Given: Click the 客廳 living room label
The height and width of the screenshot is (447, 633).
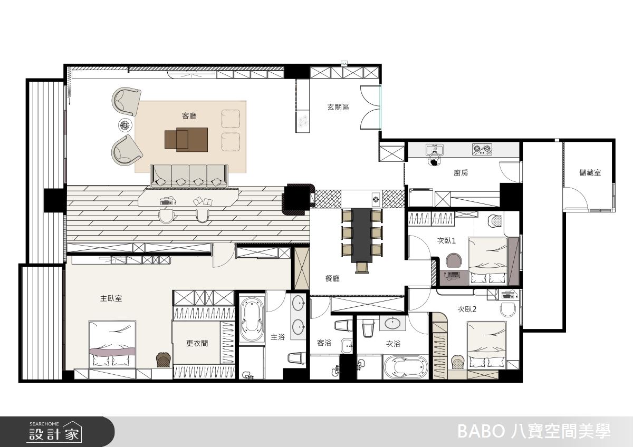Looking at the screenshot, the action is [189, 116].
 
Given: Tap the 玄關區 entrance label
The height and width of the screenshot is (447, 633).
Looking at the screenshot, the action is [338, 107].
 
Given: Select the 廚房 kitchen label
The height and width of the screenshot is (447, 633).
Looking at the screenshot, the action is [461, 173].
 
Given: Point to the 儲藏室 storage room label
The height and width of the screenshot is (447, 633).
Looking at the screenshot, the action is [590, 172].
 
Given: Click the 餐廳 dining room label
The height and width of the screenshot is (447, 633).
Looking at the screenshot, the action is [332, 279].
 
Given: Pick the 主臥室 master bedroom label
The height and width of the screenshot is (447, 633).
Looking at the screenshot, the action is [111, 298].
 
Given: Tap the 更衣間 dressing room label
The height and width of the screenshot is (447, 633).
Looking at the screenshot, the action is [197, 343].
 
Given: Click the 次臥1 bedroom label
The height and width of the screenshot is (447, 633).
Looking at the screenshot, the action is [446, 240].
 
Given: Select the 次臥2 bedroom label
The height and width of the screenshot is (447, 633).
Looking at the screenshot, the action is [467, 309].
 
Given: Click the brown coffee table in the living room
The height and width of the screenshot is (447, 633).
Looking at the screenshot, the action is [186, 140].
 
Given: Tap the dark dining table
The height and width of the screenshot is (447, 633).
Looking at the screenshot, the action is [362, 236].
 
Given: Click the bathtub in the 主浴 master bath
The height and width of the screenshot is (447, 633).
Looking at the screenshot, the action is [252, 319].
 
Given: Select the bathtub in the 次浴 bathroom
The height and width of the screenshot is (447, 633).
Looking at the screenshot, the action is [406, 367].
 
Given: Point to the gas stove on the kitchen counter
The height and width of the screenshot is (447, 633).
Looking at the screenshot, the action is [482, 149].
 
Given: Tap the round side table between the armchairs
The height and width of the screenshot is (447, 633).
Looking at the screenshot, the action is [125, 125].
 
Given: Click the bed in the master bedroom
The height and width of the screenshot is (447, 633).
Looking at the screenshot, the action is [112, 345].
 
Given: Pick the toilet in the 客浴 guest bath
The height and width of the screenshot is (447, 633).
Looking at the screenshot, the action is [343, 325].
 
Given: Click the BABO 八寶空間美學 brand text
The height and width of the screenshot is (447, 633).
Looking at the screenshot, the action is [534, 432].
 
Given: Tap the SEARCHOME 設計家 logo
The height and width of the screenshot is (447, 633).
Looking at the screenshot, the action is [55, 432].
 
